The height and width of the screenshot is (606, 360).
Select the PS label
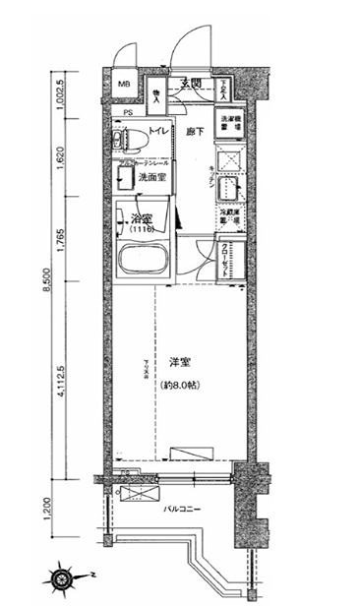(129, 111)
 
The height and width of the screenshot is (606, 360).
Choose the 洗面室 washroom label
(150, 178)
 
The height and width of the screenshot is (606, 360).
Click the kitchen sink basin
(226, 188)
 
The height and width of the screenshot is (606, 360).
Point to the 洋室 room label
(178, 361)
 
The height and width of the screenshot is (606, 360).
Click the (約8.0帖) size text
(177, 385)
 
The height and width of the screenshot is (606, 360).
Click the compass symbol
(69, 575)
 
